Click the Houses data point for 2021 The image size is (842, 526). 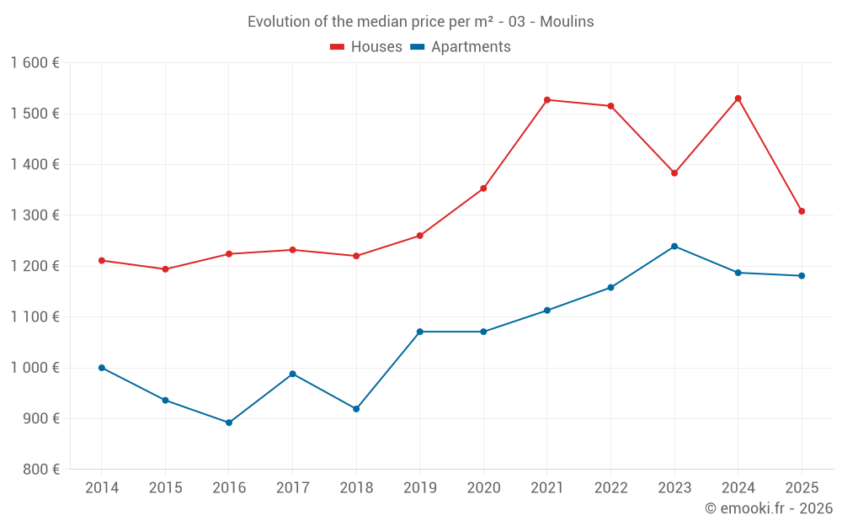coord(547,100)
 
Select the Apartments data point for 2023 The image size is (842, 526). coord(674,247)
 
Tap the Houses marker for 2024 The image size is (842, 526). coord(738,98)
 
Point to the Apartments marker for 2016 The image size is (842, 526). coord(229,422)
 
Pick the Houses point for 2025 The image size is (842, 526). coord(802,211)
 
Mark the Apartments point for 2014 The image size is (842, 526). coord(102,368)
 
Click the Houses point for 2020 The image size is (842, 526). coord(483,189)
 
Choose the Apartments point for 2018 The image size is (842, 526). coord(356,409)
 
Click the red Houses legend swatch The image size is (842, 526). coord(338,47)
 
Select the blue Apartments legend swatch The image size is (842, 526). coord(417,47)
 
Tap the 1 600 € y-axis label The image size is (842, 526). coord(35,63)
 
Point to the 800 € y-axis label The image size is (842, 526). coord(40,470)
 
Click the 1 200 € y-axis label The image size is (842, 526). coord(35,266)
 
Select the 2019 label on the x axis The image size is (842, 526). coord(419,488)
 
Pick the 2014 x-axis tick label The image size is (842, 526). coord(102,488)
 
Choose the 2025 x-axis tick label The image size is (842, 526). coord(802,488)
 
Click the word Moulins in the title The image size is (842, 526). coord(567,22)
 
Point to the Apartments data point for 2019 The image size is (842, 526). coord(419,332)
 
